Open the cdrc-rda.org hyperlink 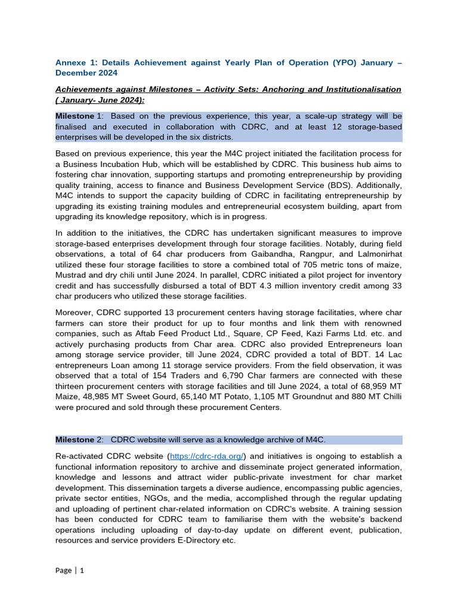pos(206,456)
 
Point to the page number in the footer pos(82,570)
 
